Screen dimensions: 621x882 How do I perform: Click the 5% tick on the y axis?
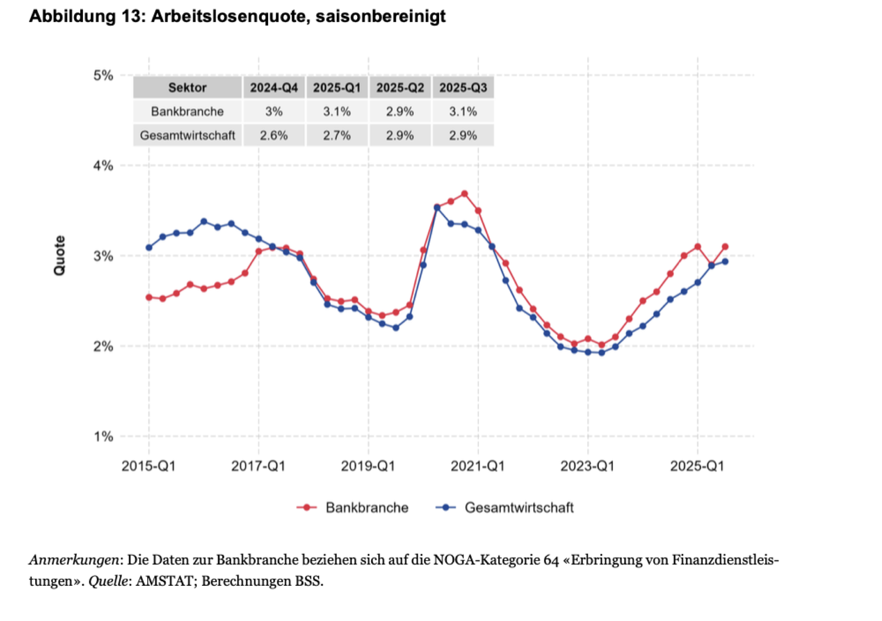tap(103, 76)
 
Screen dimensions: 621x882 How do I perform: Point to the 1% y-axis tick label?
tap(103, 437)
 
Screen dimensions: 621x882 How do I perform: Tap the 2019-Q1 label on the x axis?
tap(368, 466)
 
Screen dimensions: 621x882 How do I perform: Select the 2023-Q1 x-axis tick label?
tap(587, 466)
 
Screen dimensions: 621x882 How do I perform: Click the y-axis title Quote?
tap(60, 255)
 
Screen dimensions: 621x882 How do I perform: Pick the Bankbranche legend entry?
tap(353, 507)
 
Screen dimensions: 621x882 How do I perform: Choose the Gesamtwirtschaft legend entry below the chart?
tap(504, 507)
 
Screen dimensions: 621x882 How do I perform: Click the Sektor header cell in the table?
tap(187, 88)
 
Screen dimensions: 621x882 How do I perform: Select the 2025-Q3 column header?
tap(463, 88)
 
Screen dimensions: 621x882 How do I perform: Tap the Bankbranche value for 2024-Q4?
tap(274, 112)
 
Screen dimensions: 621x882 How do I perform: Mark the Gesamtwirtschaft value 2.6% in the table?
tap(274, 136)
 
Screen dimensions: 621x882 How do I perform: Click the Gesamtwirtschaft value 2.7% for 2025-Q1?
tap(337, 136)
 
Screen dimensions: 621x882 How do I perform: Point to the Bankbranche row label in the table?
tap(187, 112)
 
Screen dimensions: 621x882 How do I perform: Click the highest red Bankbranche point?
tap(464, 194)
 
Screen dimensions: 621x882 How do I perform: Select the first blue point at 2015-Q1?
tap(149, 247)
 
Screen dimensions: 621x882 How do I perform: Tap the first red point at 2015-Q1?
tap(149, 297)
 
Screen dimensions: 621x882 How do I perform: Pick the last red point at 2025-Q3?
tap(725, 247)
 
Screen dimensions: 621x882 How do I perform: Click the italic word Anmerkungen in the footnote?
tap(74, 560)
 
